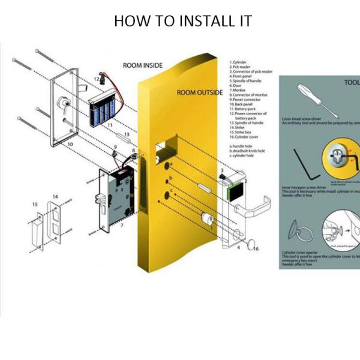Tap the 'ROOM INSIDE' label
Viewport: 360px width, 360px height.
[142, 65]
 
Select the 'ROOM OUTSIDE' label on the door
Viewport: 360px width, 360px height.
[199, 93]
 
